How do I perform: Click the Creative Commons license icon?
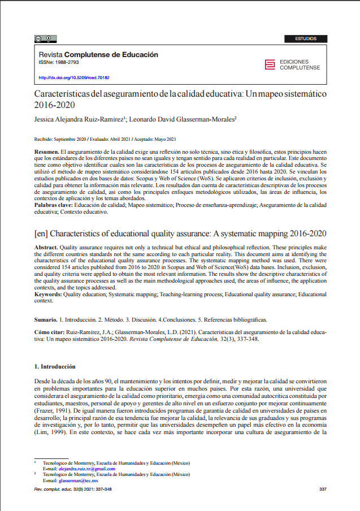(x=45, y=39)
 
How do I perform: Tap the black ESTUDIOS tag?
(x=306, y=39)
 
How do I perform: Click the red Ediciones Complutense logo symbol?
(x=270, y=64)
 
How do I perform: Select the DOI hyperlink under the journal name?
(x=73, y=77)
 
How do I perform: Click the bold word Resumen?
(x=46, y=153)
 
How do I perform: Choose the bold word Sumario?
(x=45, y=319)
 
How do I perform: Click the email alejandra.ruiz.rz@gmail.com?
(x=79, y=469)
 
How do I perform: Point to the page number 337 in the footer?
(x=323, y=489)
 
